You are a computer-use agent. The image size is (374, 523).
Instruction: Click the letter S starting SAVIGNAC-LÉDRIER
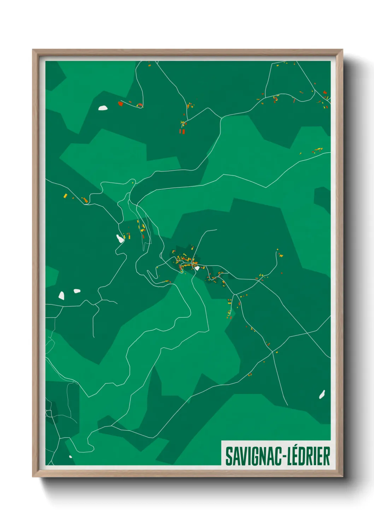point(229,456)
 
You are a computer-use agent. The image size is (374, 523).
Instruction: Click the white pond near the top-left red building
point(103,108)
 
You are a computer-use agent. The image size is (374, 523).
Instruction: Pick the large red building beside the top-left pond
point(121,104)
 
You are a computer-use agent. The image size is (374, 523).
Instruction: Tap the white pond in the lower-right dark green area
point(322,394)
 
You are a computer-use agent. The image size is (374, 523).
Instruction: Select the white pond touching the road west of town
point(120,239)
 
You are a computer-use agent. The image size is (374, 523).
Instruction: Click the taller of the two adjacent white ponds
point(62,295)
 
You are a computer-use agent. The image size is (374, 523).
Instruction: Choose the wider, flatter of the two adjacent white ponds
point(77,291)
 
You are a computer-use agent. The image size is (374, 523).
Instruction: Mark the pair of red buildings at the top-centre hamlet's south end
point(182,131)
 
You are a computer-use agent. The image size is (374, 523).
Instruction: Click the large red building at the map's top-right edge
point(325,92)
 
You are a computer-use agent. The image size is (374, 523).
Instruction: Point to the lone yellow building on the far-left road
point(65,195)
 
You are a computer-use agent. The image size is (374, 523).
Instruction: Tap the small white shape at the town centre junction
point(197,268)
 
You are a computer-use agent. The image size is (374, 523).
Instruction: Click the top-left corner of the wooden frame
point(33,50)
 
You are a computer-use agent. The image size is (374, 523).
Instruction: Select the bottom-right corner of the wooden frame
point(342,476)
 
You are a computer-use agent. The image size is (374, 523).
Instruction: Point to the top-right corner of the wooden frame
point(342,50)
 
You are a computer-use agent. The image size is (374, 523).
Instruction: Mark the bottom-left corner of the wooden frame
point(33,476)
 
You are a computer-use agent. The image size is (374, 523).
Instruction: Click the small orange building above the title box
point(250,375)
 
